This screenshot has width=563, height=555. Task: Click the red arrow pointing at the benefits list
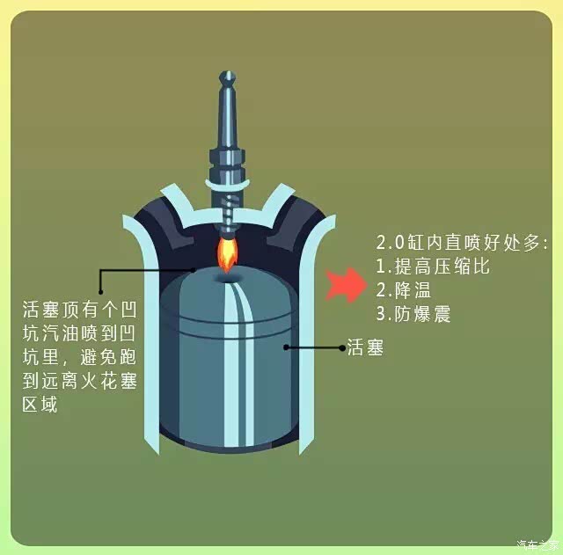click(344, 285)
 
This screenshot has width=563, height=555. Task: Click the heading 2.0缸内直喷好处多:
click(462, 241)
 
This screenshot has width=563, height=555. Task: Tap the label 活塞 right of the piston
click(365, 348)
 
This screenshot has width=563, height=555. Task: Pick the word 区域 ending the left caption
click(40, 406)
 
